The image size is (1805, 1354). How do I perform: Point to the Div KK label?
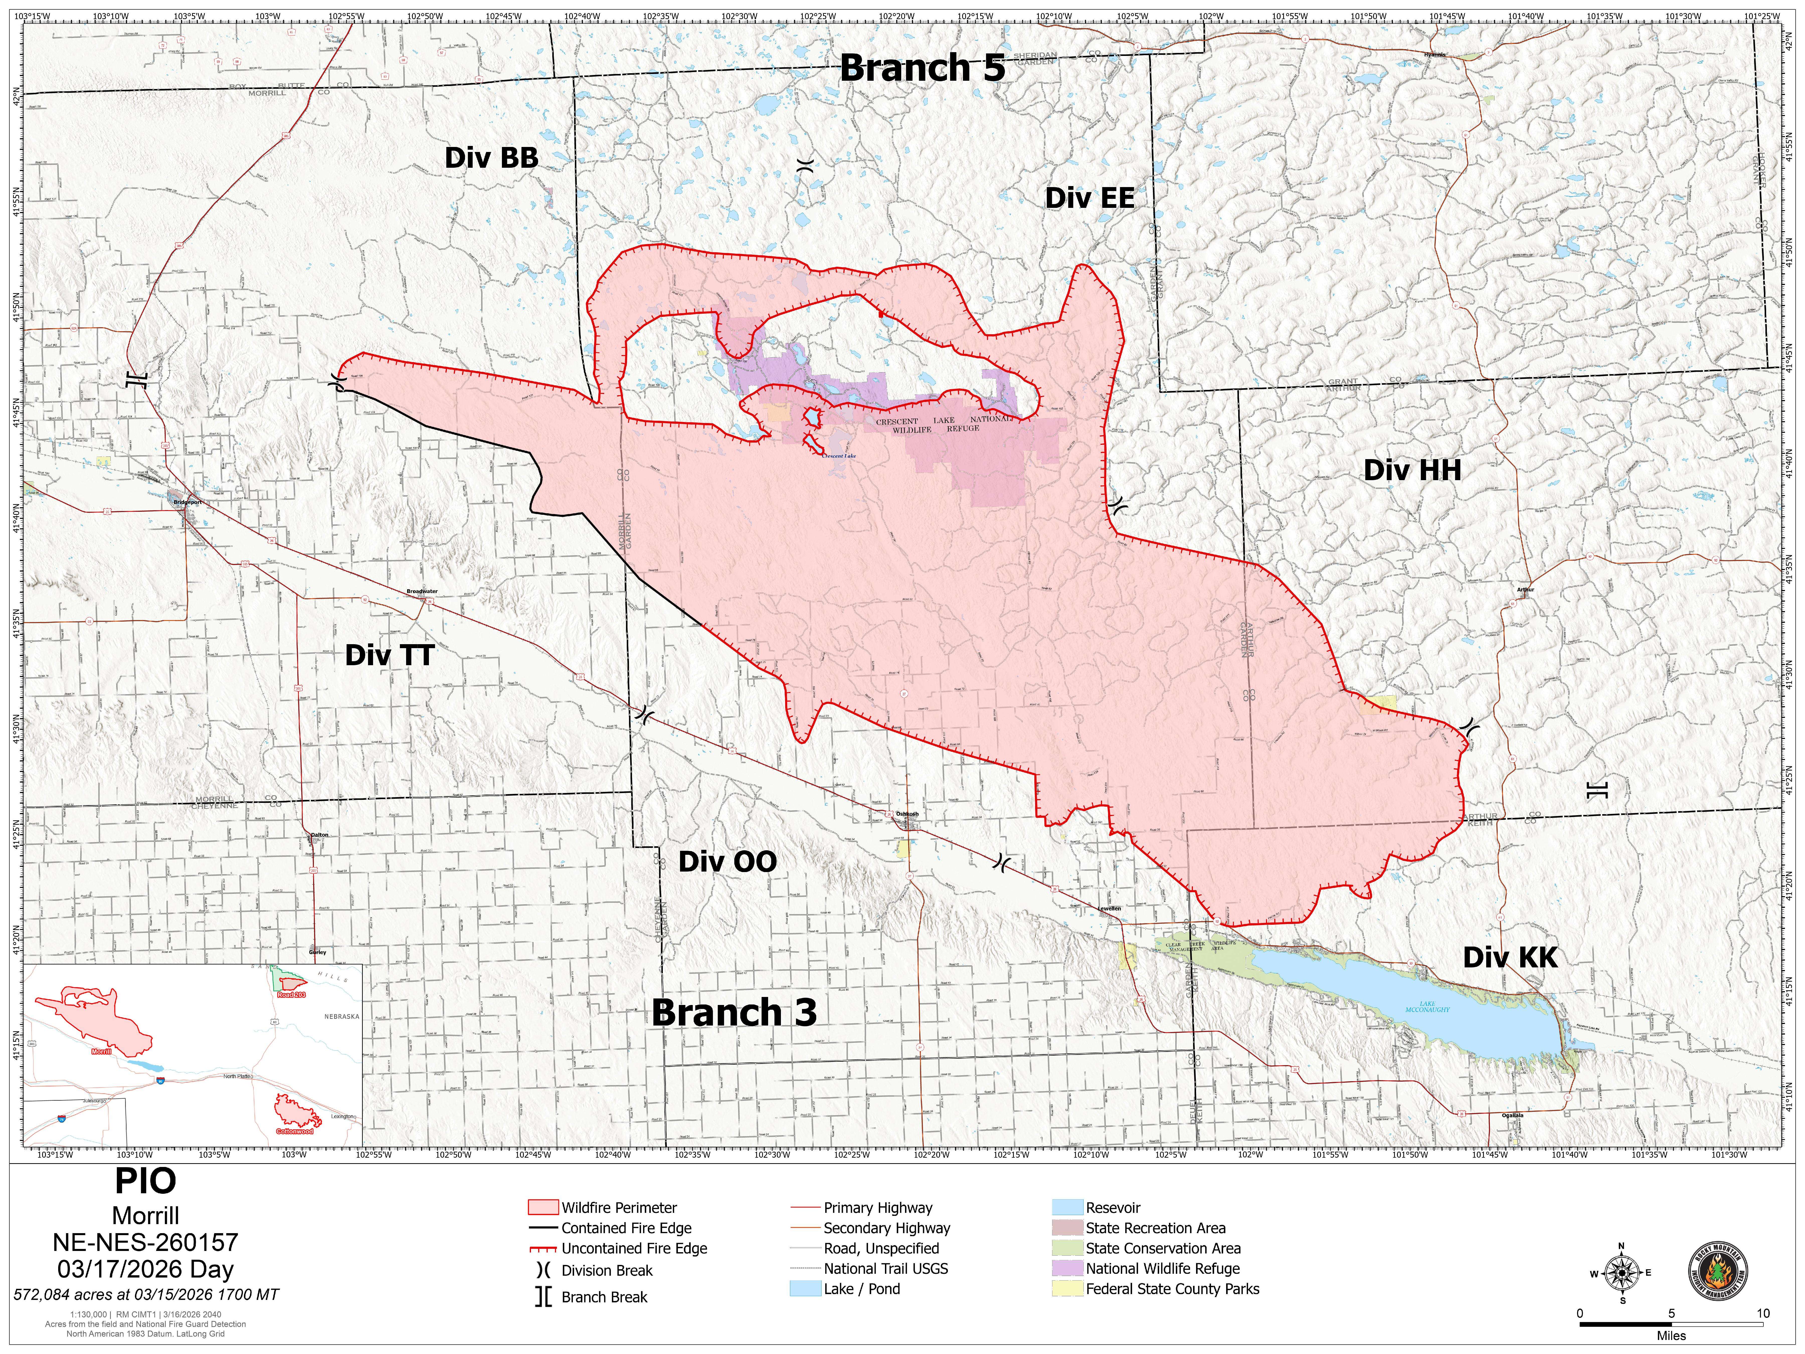1510,957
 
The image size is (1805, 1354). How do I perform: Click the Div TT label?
389,654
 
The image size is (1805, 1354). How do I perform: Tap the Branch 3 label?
734,1012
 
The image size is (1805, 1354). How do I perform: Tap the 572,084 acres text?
145,1294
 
